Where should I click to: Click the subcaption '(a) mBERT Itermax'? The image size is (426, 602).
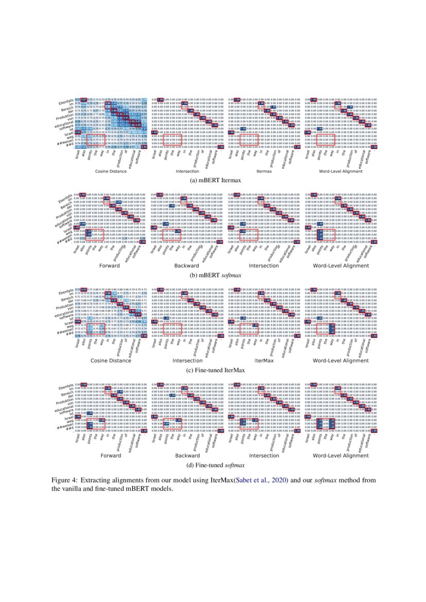point(213,181)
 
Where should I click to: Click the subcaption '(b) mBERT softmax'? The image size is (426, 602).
point(213,275)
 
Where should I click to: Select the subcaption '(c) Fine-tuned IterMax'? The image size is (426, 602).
point(213,370)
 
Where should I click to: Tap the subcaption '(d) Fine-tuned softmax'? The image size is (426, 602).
point(213,465)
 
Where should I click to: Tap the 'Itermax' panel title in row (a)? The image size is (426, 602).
point(264,171)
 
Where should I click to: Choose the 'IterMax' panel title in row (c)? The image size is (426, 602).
point(264,361)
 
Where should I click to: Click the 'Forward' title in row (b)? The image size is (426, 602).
point(111,266)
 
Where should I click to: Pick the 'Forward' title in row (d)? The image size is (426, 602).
point(111,456)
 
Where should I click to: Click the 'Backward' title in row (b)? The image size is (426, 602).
point(188,266)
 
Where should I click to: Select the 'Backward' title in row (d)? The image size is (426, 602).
point(188,456)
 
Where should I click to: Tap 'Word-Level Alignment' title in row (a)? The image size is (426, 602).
point(340,171)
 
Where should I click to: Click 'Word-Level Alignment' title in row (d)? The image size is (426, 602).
point(340,456)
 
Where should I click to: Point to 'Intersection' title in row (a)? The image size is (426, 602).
point(188,171)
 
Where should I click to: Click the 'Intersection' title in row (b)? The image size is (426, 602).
point(264,266)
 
